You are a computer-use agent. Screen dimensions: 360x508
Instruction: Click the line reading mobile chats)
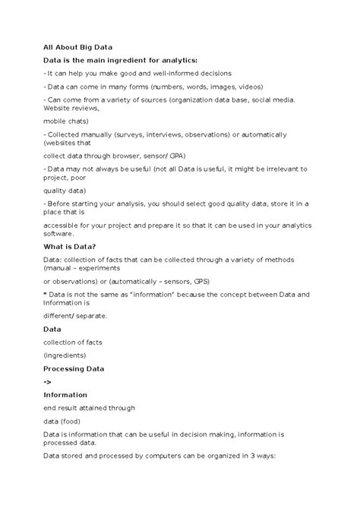pos(67,120)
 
